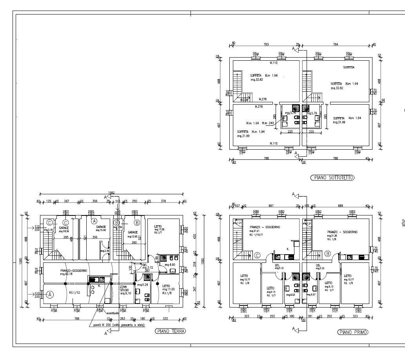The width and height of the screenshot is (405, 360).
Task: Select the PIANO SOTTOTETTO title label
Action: pos(332,177)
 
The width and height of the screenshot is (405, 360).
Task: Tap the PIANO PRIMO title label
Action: pos(353,332)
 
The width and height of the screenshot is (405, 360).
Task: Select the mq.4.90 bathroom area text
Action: pos(170,265)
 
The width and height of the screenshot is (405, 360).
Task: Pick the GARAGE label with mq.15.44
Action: pos(101,227)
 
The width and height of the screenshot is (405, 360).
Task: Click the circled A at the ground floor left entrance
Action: pos(50,295)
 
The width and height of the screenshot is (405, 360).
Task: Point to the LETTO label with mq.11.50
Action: pos(166,286)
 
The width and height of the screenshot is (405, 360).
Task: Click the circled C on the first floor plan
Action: pos(257,255)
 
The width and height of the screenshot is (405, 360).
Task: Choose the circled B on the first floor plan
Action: pos(327,253)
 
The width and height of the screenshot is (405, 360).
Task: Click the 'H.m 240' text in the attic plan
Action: pos(268,123)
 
